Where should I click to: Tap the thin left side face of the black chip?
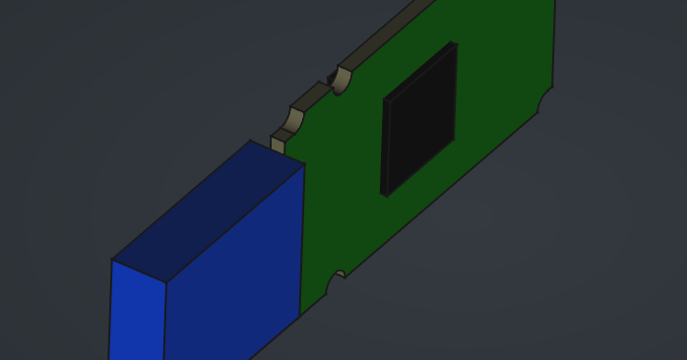(385, 148)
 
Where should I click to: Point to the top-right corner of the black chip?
(456, 43)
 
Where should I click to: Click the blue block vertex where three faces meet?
(165, 283)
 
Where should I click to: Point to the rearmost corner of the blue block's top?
(250, 141)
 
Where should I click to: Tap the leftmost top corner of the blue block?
(111, 260)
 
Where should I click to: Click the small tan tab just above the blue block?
(279, 143)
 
